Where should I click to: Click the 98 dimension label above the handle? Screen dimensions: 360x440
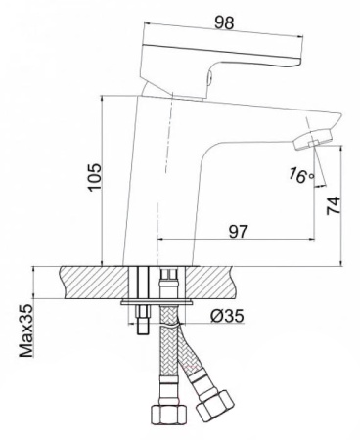coord(224,22)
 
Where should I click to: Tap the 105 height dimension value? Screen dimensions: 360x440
coord(96,178)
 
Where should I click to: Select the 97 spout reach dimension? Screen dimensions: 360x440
coord(239,231)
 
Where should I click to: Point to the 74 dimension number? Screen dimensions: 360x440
coord(334,205)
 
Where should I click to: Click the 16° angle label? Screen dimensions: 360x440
coord(301,175)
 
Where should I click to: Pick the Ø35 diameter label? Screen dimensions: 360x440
coord(227,315)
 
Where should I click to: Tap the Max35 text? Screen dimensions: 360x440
coord(26,330)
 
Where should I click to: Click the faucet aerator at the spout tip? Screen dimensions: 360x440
coord(312,139)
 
